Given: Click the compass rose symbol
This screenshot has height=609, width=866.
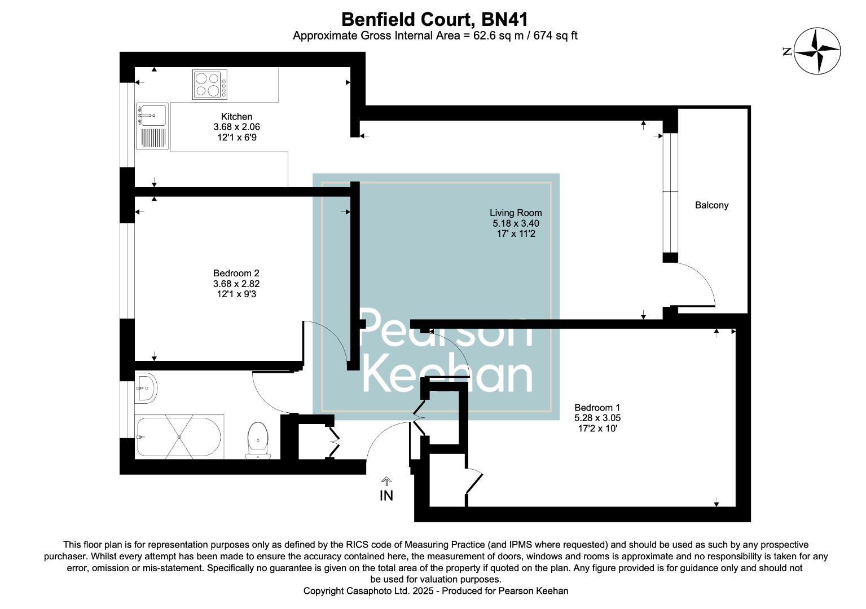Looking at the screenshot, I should point(817,51).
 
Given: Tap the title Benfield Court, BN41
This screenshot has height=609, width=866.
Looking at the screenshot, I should point(434,19).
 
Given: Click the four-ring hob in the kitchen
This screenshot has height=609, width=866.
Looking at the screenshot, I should point(210,84).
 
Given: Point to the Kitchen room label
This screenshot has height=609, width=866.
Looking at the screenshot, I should point(236,117).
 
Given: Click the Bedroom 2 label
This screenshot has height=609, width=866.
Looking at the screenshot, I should point(236,273).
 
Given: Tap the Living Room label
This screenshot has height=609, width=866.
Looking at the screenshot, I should point(515,213).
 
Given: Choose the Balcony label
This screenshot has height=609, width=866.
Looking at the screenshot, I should point(711,205).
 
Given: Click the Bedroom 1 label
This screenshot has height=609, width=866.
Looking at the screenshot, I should point(597,408).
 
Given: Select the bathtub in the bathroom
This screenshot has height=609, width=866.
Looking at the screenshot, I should point(179,437).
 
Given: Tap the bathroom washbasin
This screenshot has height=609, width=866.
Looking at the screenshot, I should point(147,388).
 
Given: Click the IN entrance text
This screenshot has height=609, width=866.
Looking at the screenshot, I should point(386,496).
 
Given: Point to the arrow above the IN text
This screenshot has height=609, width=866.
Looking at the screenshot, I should point(386,481).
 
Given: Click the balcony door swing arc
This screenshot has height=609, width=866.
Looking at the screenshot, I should point(700,285).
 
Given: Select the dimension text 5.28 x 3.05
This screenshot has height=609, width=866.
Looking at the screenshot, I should point(597,418).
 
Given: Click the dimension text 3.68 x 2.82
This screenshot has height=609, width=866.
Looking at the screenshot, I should point(236,284).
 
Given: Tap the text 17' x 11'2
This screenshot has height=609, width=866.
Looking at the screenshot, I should point(515,233).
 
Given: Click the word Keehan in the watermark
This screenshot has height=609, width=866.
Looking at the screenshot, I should point(447,375).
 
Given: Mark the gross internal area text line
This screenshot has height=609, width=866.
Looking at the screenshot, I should point(434,36).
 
